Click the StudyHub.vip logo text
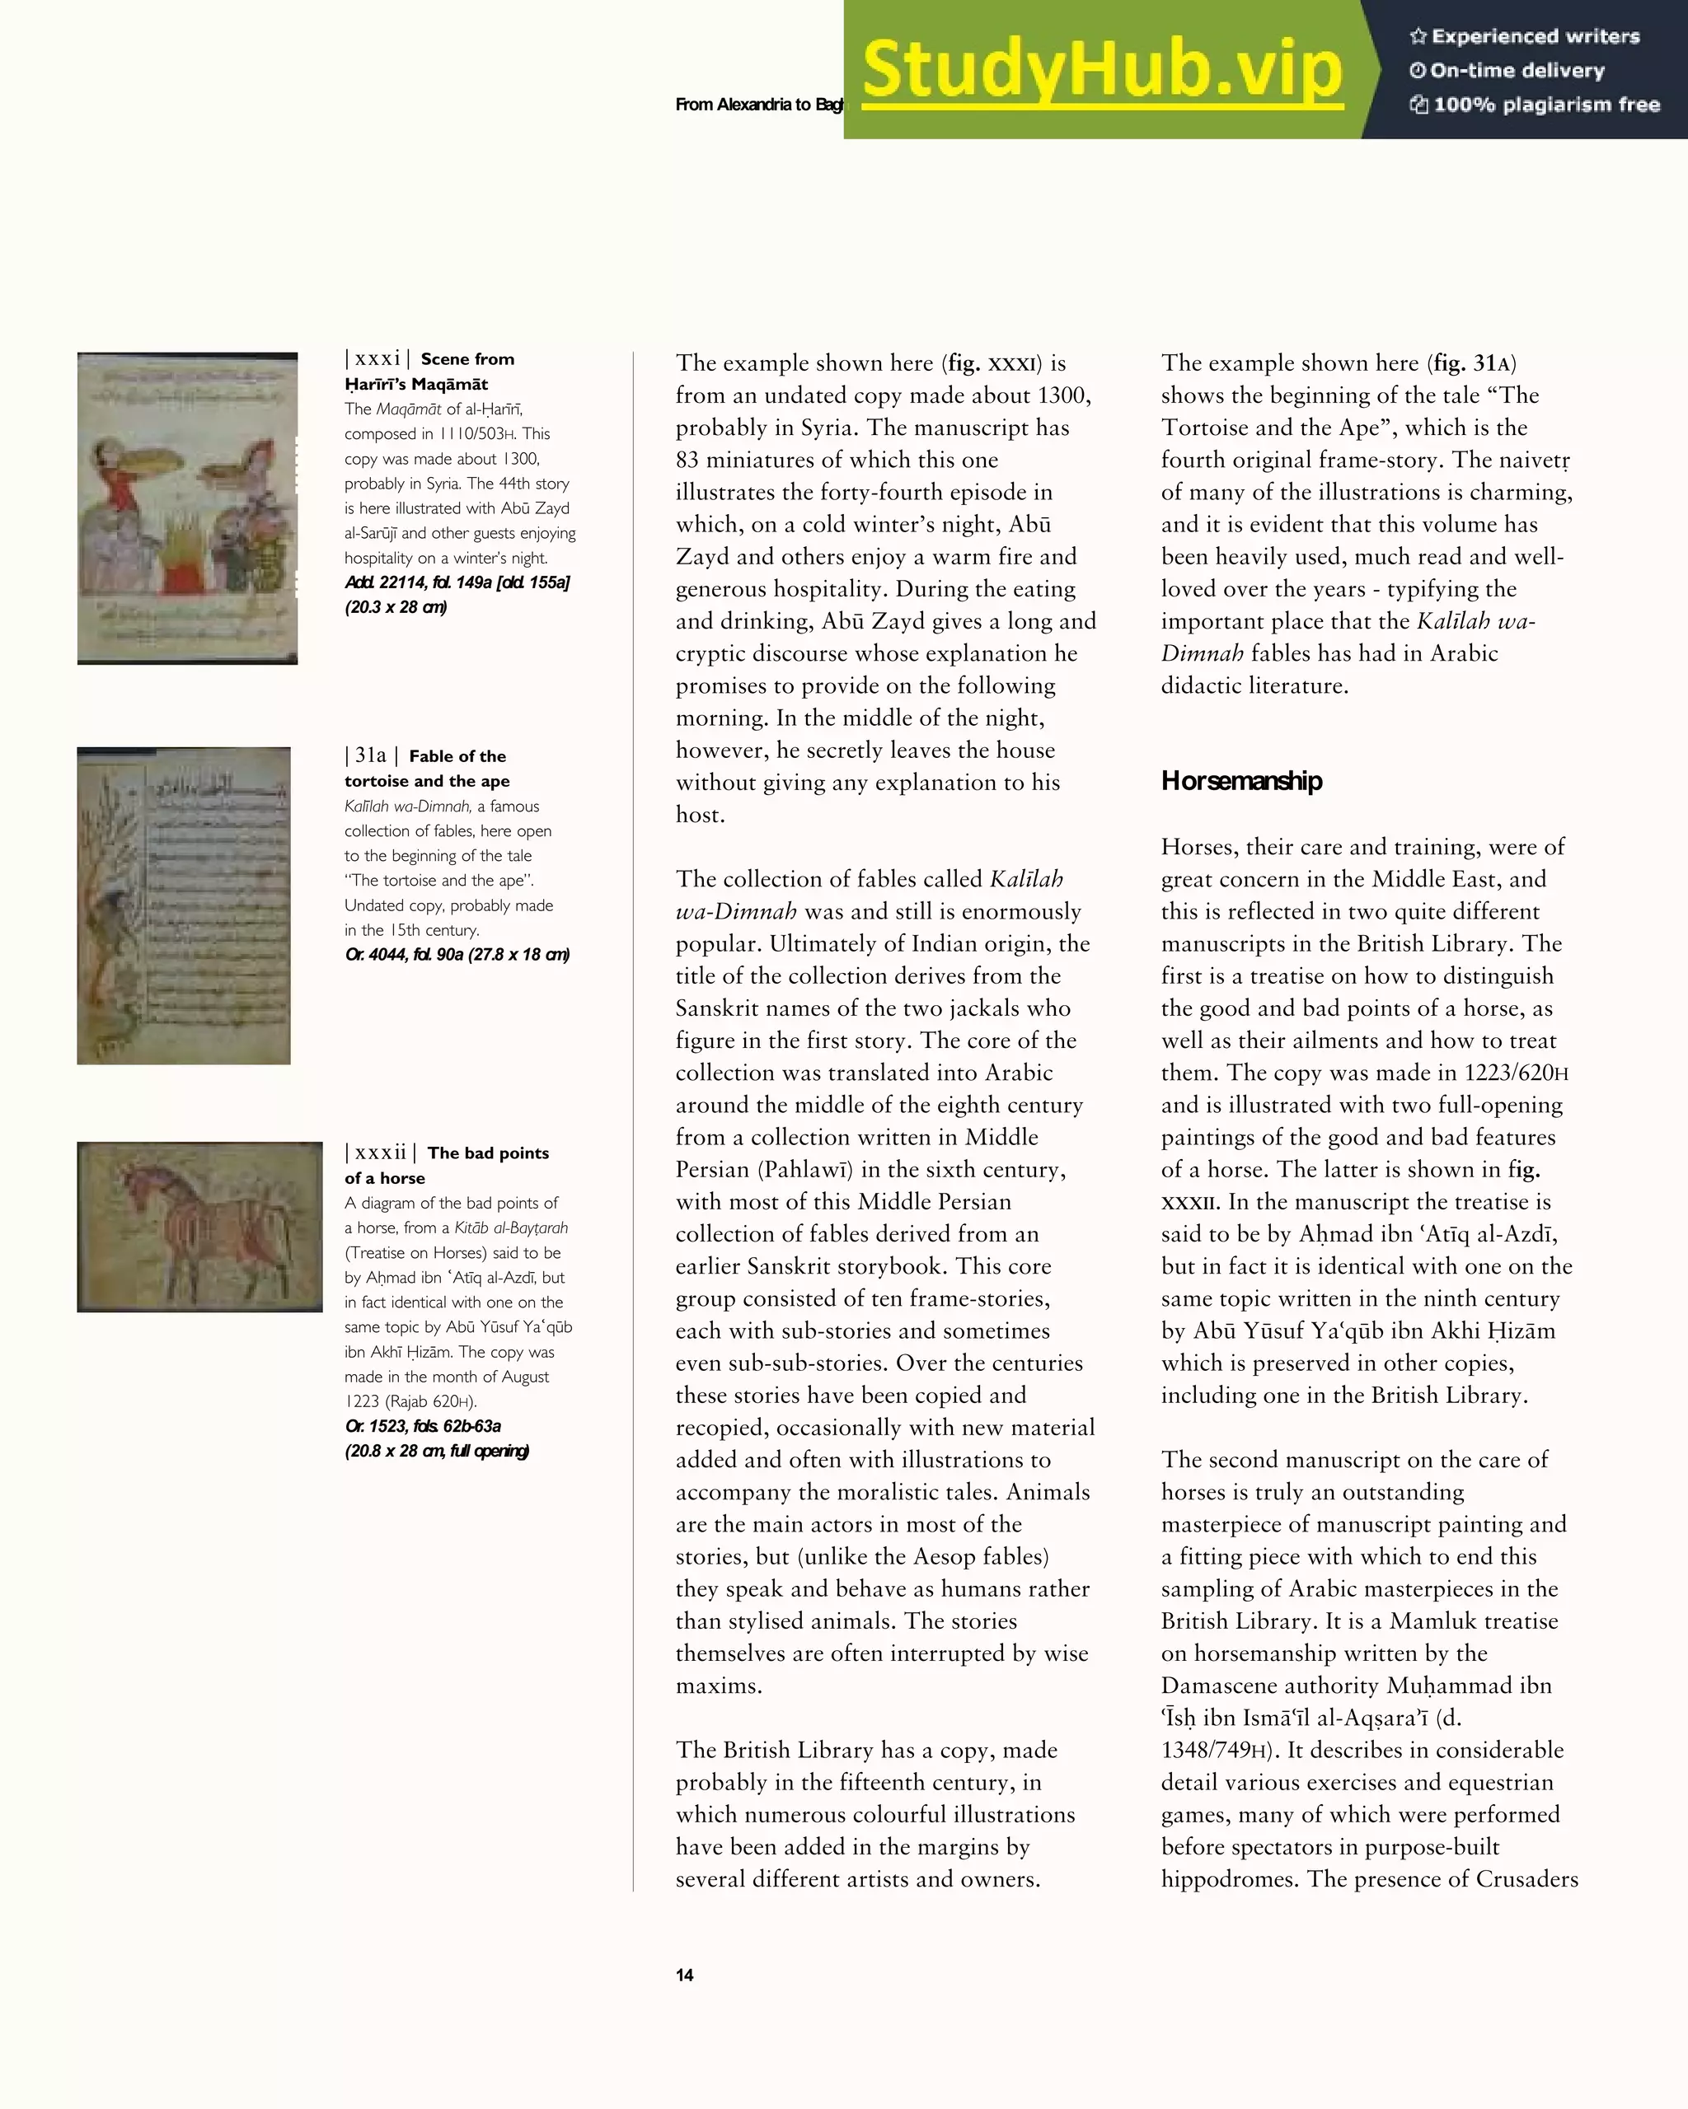(1102, 70)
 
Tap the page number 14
(684, 1975)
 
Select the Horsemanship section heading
(1240, 781)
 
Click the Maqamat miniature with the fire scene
(187, 507)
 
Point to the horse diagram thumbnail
(199, 1227)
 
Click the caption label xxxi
(377, 359)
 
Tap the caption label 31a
(371, 755)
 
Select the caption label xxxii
(380, 1153)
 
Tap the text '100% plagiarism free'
(1545, 105)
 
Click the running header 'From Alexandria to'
(743, 105)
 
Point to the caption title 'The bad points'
(487, 1153)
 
